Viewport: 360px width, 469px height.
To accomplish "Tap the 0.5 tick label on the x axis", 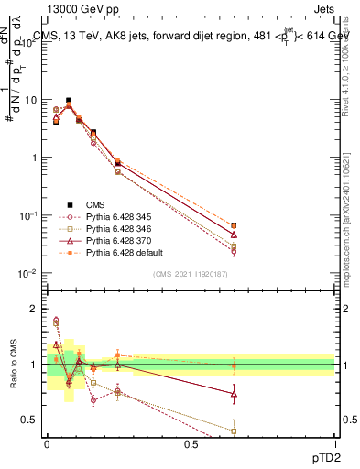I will (191, 443).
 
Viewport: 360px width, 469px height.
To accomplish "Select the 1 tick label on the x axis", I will (334, 443).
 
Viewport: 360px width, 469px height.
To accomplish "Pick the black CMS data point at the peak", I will (68, 101).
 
